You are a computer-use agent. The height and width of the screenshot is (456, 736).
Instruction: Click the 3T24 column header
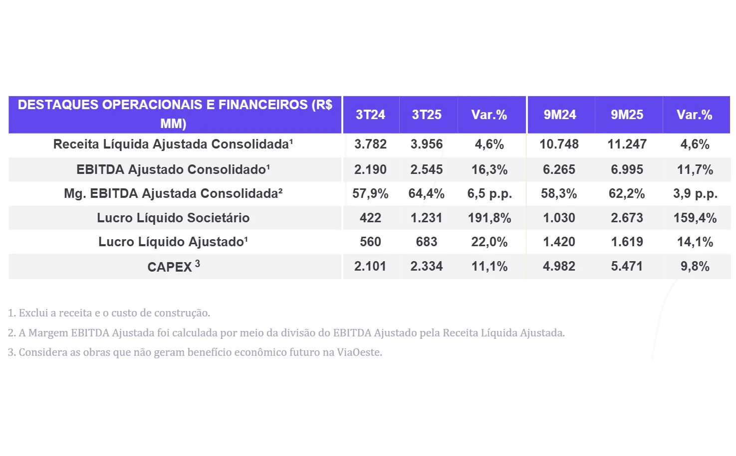pos(370,115)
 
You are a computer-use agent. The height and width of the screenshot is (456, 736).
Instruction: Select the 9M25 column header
pos(627,115)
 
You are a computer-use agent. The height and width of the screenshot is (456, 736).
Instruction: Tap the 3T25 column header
pos(427,115)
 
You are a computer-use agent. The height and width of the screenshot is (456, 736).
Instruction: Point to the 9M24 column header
pos(559,115)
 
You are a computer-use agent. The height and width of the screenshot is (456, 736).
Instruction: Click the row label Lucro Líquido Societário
pos(173,218)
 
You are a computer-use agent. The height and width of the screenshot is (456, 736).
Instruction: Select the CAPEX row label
pos(170,267)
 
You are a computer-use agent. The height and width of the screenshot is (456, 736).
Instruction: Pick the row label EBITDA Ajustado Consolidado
pos(173,169)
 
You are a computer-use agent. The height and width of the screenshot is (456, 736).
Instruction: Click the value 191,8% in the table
pos(489,218)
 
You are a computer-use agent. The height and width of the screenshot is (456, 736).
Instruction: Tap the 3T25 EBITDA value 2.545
pos(426,169)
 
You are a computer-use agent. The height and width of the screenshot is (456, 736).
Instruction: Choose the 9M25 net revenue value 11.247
pos(627,144)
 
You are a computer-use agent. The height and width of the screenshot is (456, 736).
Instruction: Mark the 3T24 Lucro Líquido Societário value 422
pos(370,218)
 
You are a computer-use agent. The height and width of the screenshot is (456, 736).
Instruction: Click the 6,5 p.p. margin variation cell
pos(489,193)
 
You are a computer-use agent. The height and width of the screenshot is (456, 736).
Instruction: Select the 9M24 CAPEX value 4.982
pos(559,266)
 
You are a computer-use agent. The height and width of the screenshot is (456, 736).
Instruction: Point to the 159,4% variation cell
pos(695,218)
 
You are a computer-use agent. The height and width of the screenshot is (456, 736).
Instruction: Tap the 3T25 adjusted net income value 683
pos(426,242)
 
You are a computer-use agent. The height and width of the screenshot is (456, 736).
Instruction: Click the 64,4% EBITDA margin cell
pos(426,193)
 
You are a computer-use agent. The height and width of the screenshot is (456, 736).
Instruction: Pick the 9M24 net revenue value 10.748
pos(559,144)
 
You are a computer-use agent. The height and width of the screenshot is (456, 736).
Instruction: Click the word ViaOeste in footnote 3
pos(359,352)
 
